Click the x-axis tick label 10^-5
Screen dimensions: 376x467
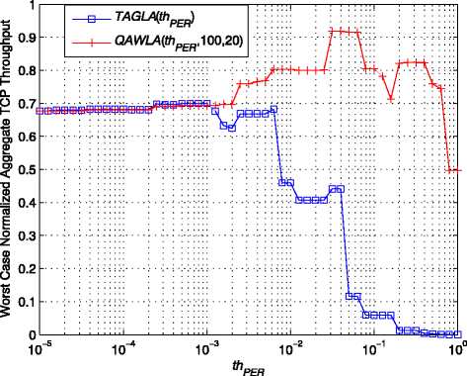point(40,348)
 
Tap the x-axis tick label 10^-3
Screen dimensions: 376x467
point(208,348)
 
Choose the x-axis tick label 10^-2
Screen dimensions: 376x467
point(292,348)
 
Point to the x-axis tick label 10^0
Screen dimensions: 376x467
point(457,348)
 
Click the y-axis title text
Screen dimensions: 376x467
point(9,170)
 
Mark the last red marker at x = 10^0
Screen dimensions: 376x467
point(458,170)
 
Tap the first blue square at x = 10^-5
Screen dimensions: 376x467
point(40,111)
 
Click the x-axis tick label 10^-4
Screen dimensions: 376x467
point(124,348)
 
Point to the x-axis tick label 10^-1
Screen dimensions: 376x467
point(376,348)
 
